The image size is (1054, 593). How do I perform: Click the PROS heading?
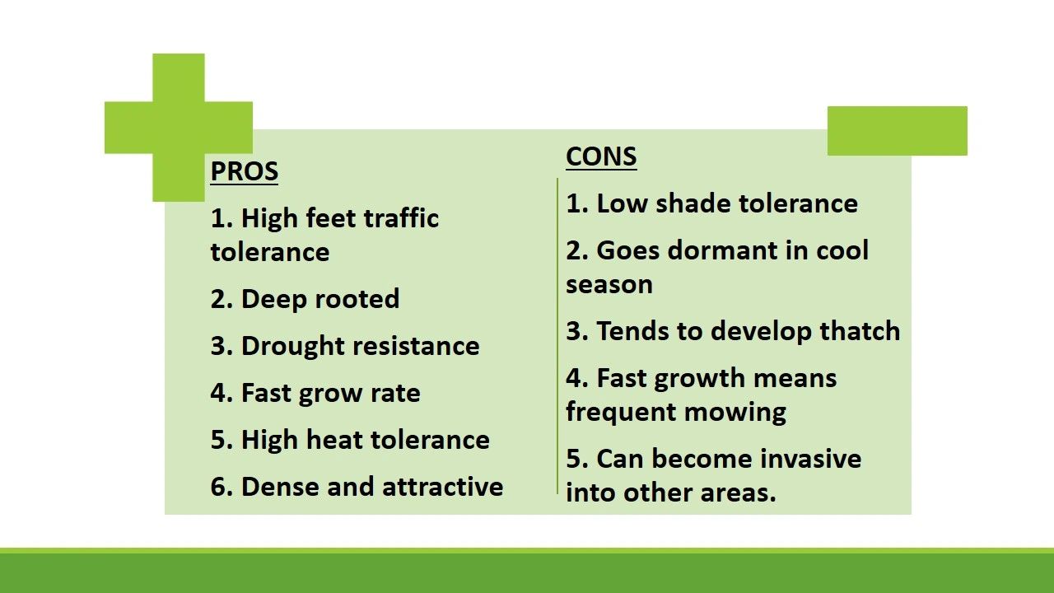coord(245,171)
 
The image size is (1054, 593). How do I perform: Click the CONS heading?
coord(601,156)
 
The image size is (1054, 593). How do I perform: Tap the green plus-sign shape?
coord(179,128)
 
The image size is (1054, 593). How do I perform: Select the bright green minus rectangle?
coord(898,131)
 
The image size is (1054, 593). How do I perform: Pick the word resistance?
coord(417,347)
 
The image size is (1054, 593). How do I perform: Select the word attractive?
coord(443,487)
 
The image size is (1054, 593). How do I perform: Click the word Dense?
coord(280,487)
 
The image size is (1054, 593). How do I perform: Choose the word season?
coord(609,285)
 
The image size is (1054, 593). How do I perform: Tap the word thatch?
coord(860,330)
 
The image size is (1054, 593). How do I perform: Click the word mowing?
coord(735,413)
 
